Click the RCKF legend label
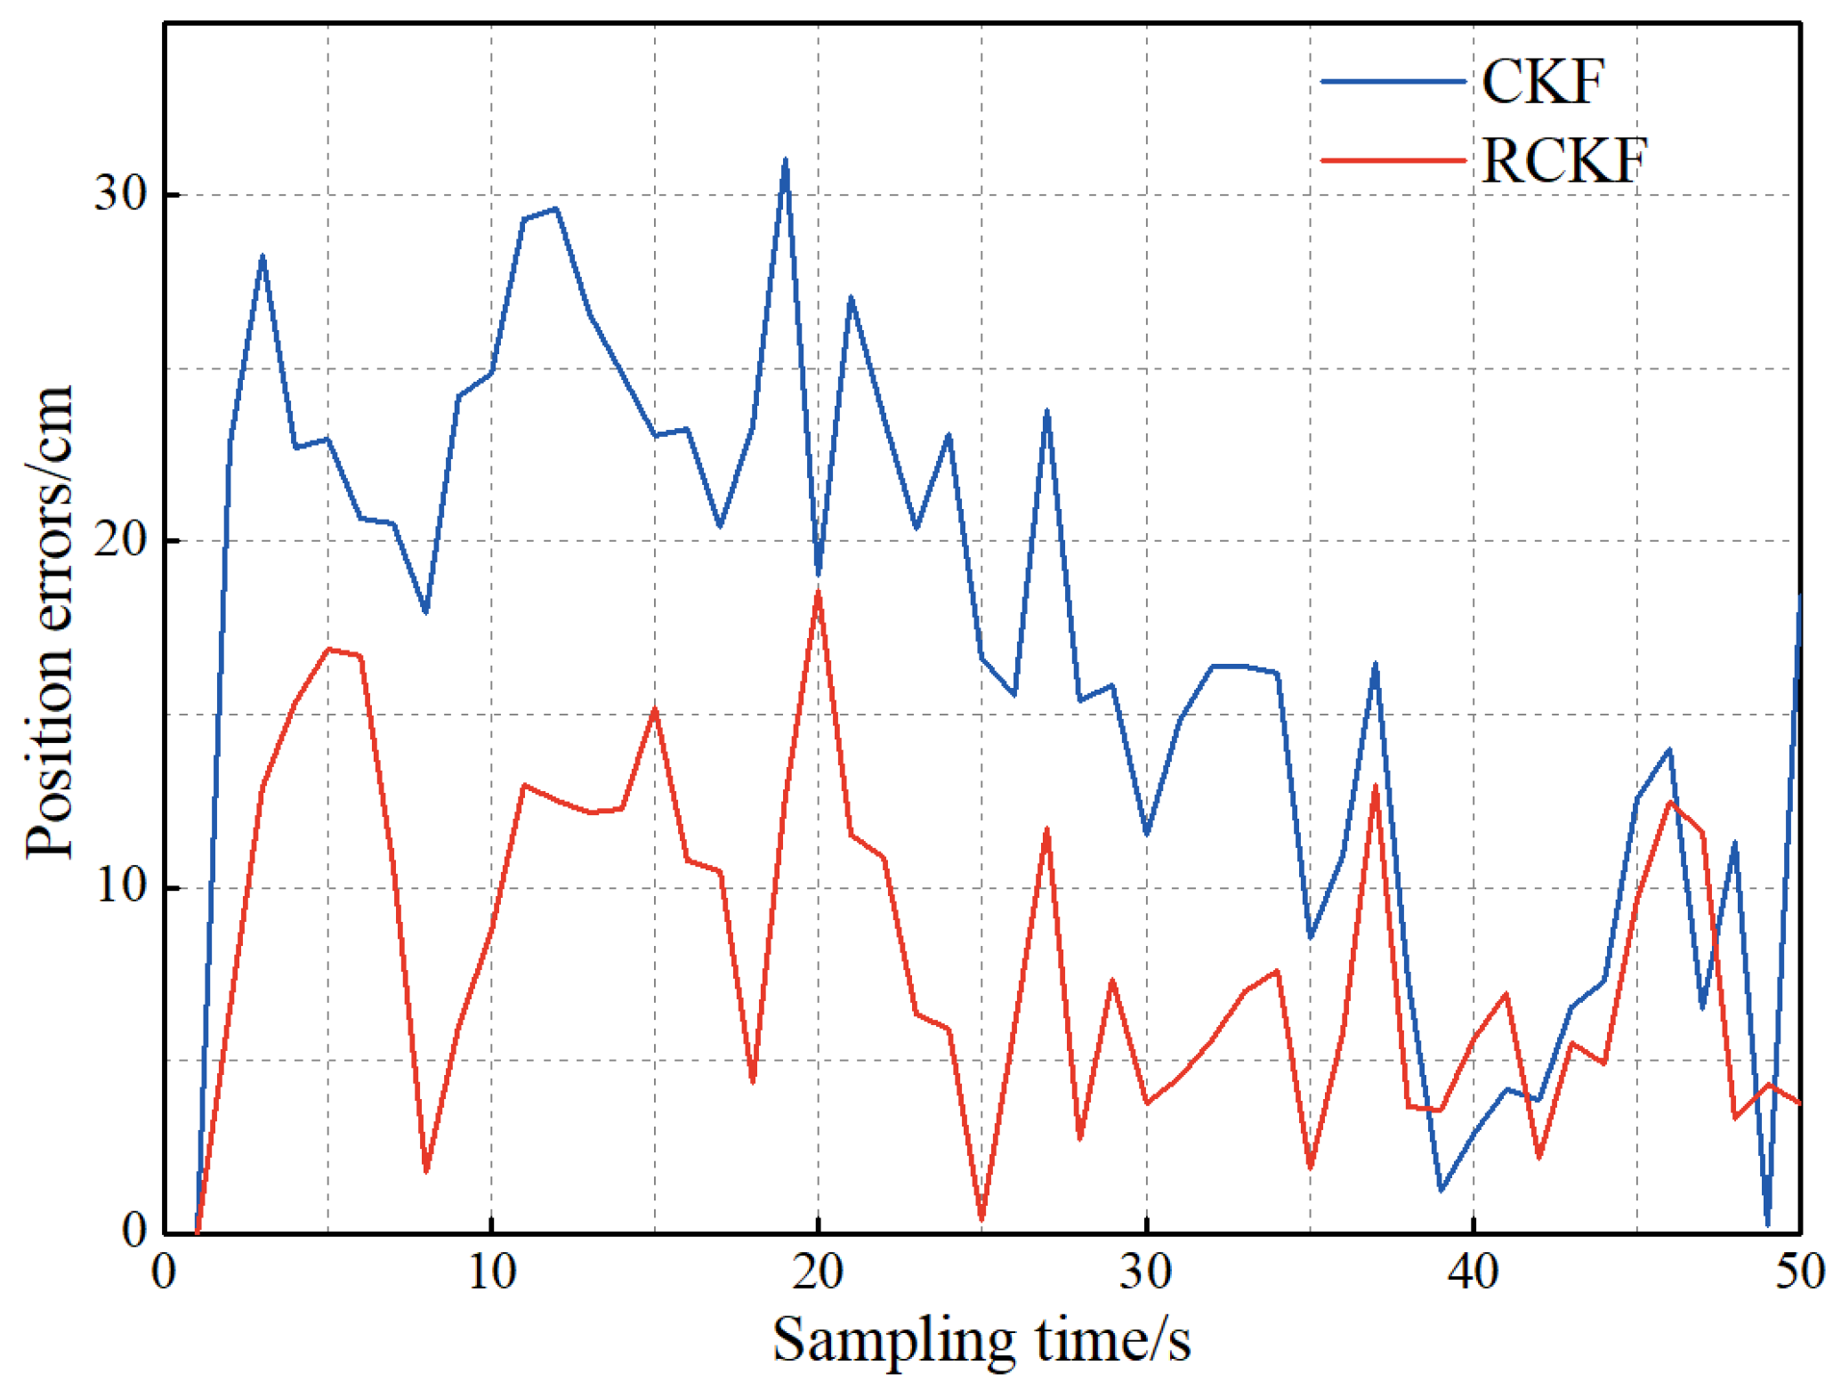coord(1563,161)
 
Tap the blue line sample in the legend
coord(1393,82)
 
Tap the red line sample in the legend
coord(1393,161)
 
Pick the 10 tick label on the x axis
coord(491,1273)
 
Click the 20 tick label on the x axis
coord(818,1273)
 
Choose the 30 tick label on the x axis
coord(1145,1273)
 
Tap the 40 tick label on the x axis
coord(1473,1273)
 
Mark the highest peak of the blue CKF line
coord(785,161)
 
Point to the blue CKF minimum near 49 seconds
coord(1767,1224)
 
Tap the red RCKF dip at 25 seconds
coord(981,1219)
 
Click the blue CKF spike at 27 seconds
coord(1046,412)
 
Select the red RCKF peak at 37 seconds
coord(1375,787)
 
